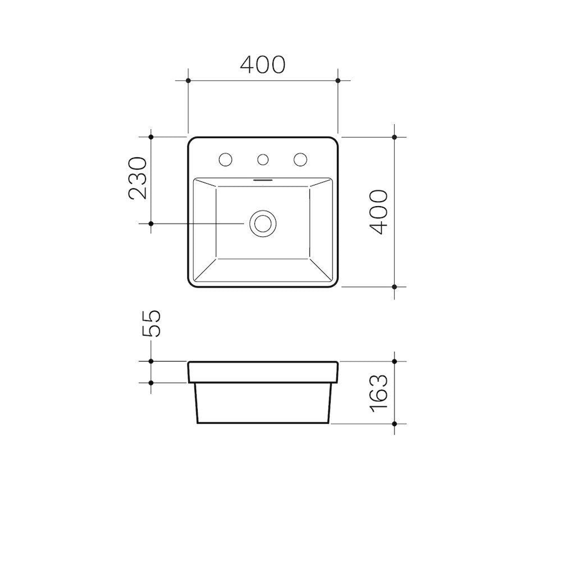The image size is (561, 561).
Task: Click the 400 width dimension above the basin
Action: (x=262, y=64)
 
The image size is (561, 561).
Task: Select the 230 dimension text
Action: (x=138, y=178)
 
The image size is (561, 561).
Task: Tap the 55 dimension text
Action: (x=152, y=324)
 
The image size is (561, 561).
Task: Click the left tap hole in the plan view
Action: (x=225, y=160)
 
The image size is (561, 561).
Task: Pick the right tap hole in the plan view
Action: (x=300, y=160)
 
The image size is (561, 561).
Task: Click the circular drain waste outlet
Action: (x=263, y=223)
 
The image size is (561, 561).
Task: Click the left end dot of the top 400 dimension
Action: (x=188, y=81)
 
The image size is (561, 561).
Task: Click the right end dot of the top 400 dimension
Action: (x=338, y=81)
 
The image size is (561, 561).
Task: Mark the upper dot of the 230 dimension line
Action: (x=151, y=137)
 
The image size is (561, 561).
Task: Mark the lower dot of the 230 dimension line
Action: (x=151, y=223)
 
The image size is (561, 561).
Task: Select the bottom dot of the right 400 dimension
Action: (x=395, y=287)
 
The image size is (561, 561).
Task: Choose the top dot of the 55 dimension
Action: (x=151, y=361)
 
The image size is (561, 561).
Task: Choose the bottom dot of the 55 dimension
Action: (x=151, y=383)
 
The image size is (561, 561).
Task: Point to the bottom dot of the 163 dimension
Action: (x=395, y=424)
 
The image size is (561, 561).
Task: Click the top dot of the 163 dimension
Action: (x=395, y=361)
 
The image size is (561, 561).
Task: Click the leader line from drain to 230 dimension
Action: (x=197, y=223)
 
